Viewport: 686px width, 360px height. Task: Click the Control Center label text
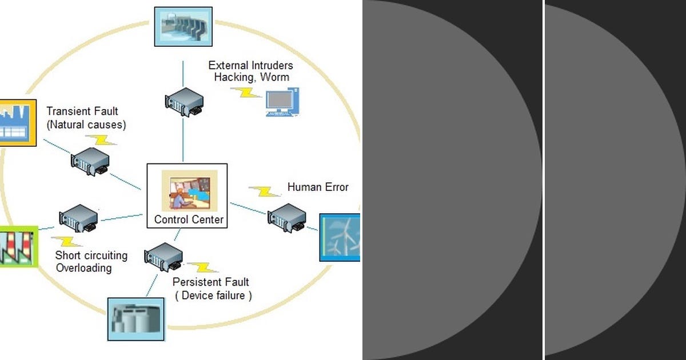point(189,219)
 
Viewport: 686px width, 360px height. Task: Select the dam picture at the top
point(183,26)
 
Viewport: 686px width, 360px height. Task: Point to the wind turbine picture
point(340,238)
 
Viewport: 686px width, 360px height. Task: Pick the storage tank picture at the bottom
point(135,319)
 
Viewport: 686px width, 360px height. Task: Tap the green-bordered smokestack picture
point(17,246)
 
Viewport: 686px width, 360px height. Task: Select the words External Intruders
point(250,65)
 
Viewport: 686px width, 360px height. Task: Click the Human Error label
point(318,187)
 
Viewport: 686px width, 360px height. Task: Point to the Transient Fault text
point(82,111)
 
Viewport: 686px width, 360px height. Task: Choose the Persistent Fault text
point(211,282)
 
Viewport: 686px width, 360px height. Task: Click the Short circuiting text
point(91,255)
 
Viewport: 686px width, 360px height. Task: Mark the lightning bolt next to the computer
point(249,93)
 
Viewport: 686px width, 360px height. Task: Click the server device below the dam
point(184,101)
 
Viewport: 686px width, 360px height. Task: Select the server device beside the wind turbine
point(286,217)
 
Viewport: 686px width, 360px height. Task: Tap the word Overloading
point(83,268)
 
